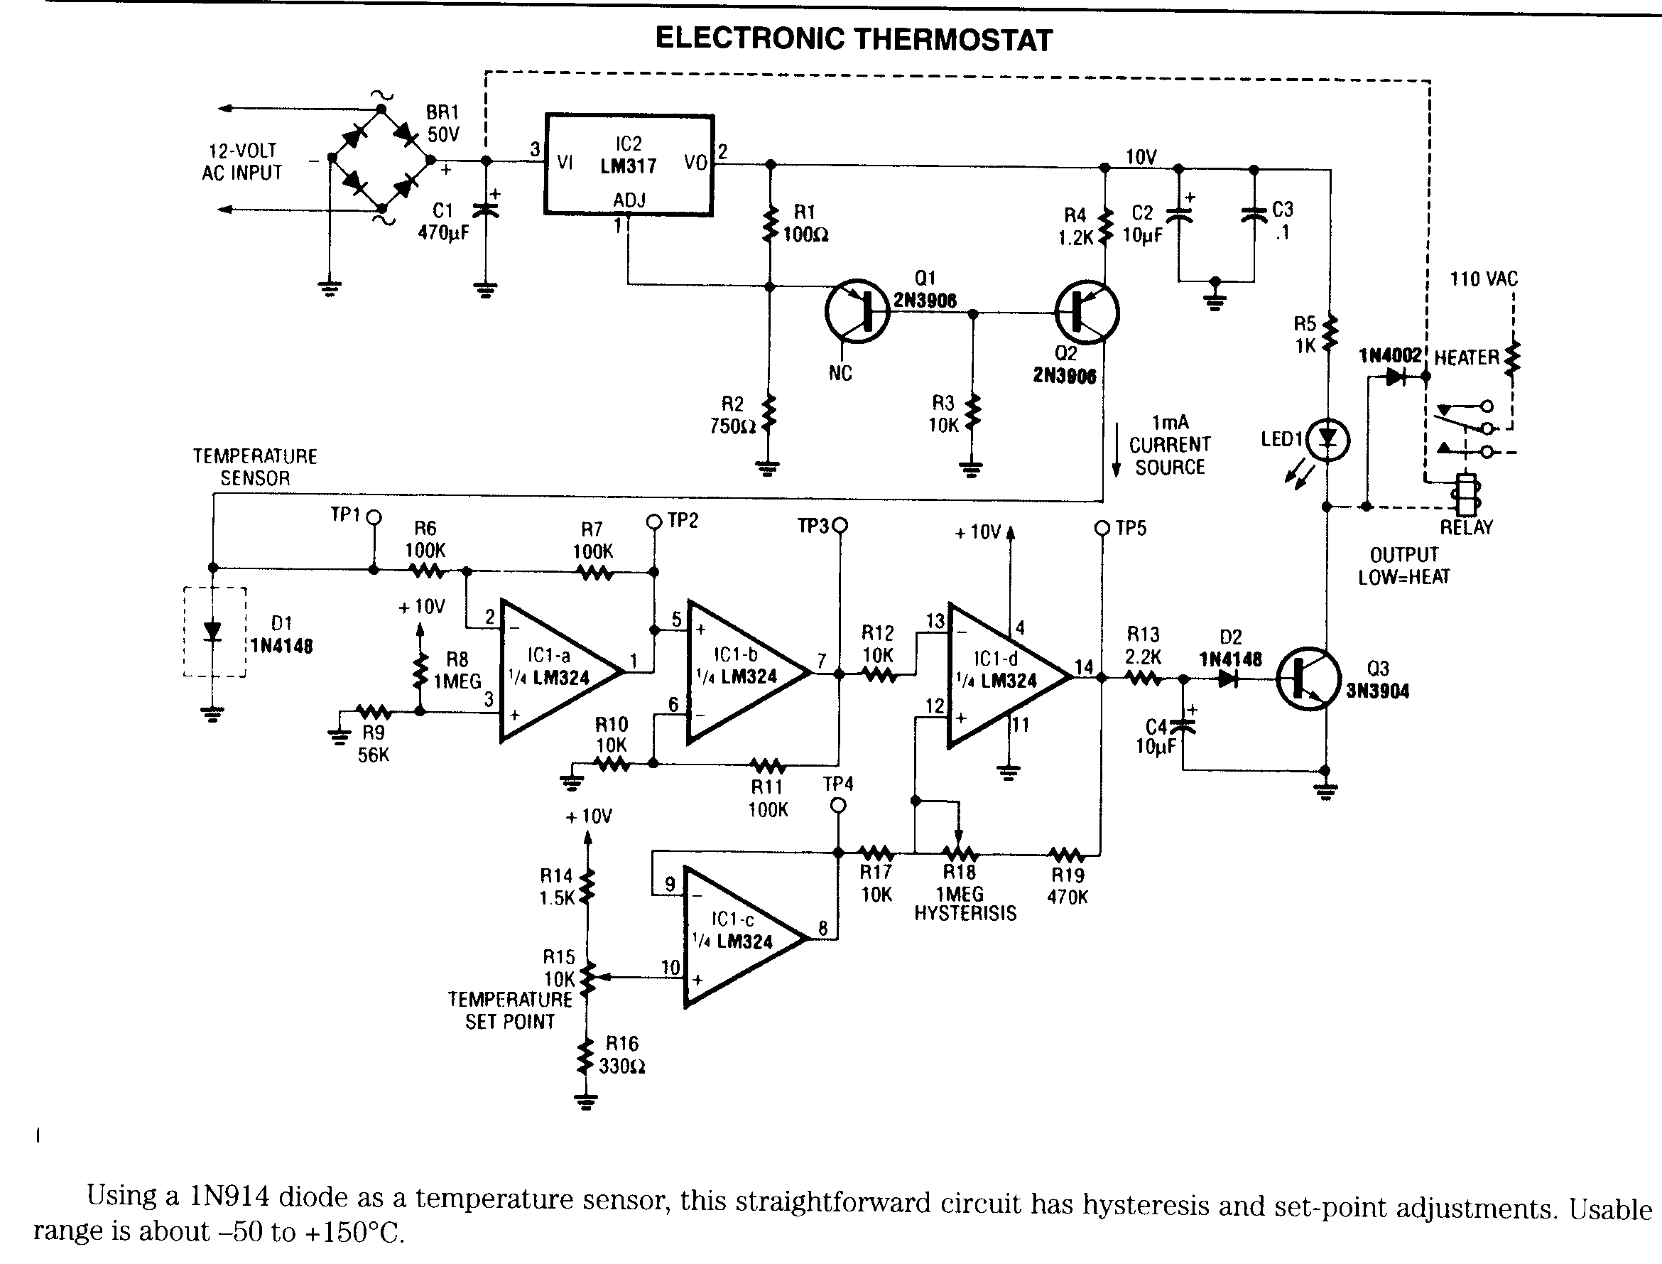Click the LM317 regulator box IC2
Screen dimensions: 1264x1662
629,165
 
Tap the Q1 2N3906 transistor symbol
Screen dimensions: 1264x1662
857,312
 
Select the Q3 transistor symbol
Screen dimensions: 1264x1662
1308,679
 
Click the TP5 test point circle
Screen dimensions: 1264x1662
1102,528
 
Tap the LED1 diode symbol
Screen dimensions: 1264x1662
1328,439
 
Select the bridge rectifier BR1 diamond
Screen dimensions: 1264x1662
381,159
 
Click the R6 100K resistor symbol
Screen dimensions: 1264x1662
426,572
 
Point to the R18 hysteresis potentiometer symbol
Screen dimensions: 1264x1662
960,853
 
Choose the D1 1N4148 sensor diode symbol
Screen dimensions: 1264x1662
214,632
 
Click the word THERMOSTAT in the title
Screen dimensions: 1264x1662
956,39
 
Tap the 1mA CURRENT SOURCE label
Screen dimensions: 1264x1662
1169,445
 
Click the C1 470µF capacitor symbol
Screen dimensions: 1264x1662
486,210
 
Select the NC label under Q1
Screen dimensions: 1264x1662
840,373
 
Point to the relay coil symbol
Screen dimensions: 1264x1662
1466,495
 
